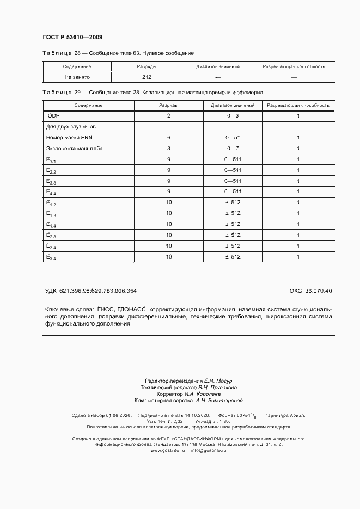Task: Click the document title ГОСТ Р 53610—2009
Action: tap(72, 37)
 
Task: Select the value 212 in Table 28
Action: tap(146, 78)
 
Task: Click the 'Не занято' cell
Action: tap(77, 78)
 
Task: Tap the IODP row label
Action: tap(53, 116)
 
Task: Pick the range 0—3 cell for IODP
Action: tap(233, 116)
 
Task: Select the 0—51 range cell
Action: tap(233, 138)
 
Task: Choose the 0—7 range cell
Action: tap(233, 148)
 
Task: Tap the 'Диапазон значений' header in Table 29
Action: tap(233, 105)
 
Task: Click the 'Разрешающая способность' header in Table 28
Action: tap(294, 66)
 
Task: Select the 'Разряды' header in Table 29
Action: tap(168, 105)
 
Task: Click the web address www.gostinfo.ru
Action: tap(168, 451)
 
